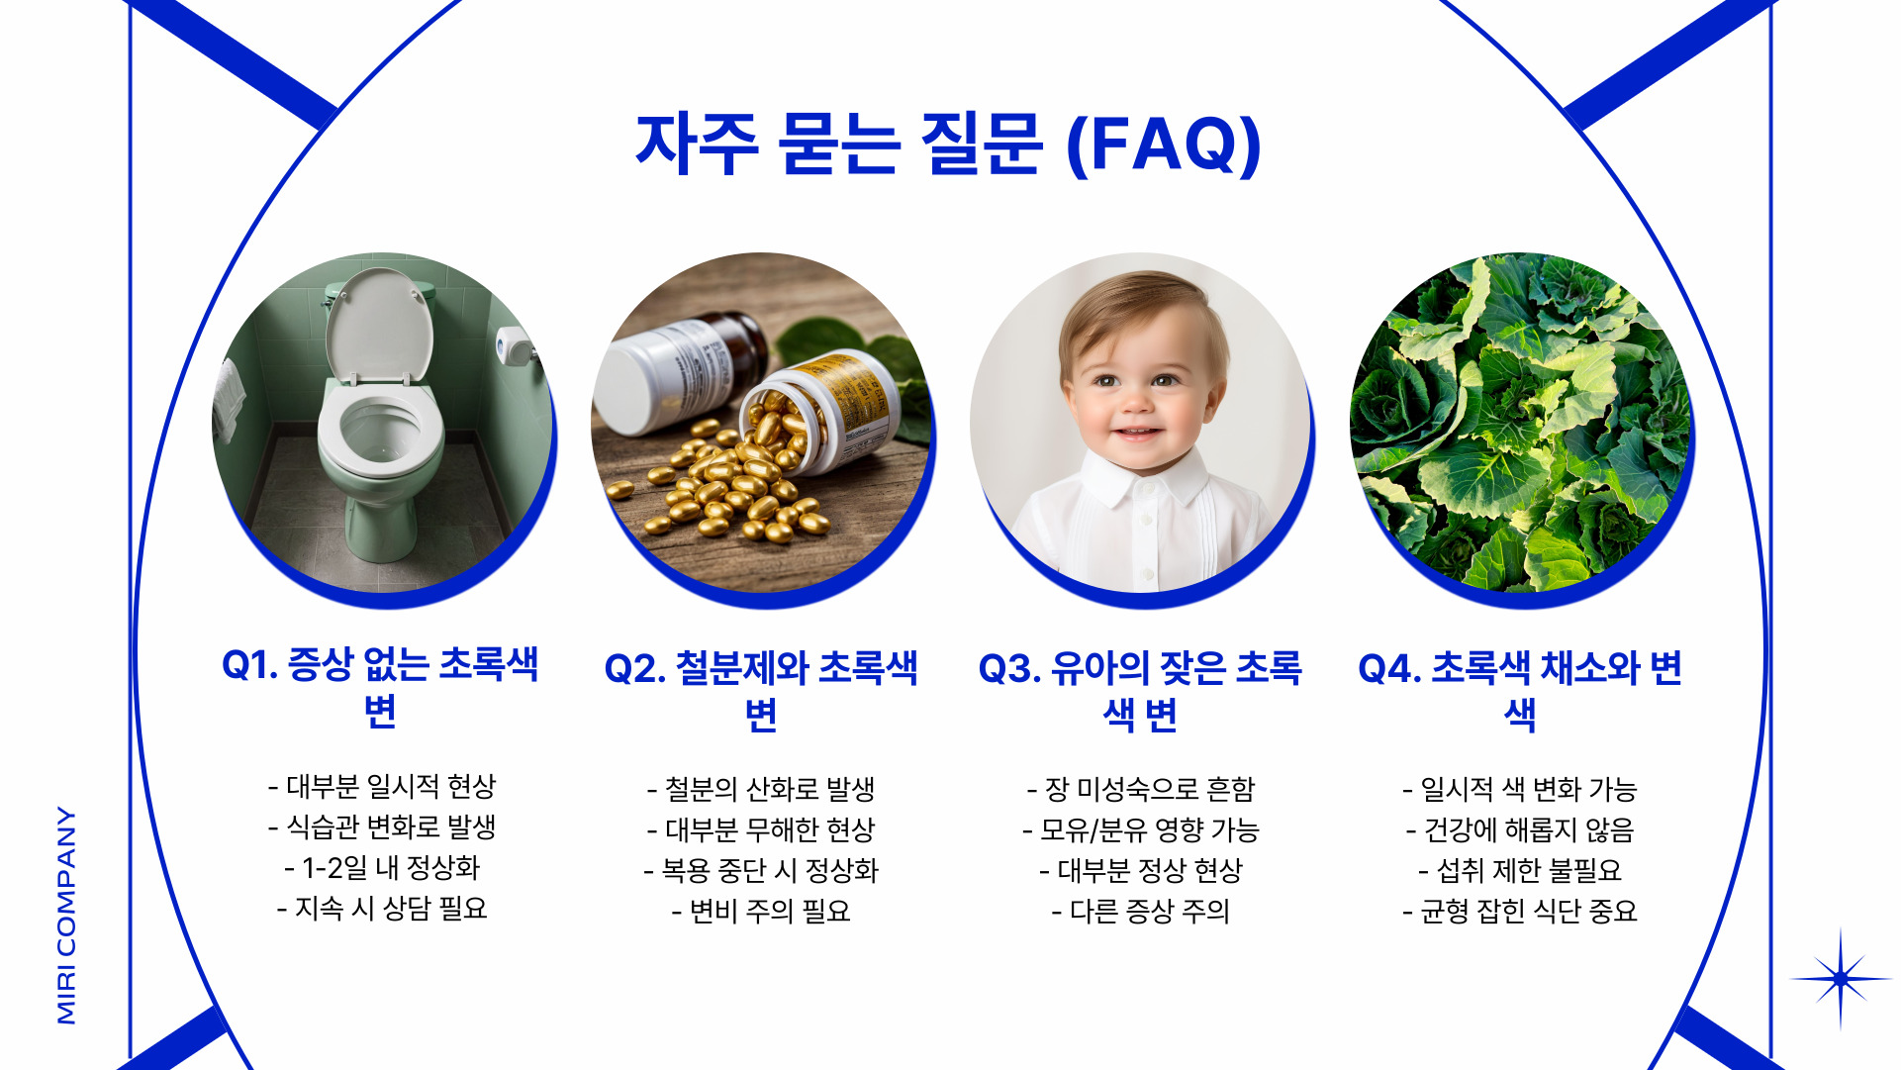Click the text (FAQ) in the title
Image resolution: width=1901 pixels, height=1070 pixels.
pos(1164,145)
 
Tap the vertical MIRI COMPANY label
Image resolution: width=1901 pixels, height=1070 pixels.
pos(66,916)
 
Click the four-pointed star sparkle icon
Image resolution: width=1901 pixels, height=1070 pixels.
pos(1840,979)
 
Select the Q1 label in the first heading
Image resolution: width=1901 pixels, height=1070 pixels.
pos(249,665)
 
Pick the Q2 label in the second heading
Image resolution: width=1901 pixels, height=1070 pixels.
pos(633,669)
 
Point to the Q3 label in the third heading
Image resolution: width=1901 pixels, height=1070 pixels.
pos(1008,669)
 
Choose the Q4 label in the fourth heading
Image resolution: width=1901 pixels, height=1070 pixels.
pos(1388,669)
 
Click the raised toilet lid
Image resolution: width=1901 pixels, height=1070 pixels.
pos(379,327)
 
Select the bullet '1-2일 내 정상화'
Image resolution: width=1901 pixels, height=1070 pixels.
pos(382,868)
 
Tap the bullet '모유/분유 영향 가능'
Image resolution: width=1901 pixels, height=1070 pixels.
pos(1140,829)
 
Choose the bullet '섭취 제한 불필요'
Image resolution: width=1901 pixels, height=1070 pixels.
pos(1520,870)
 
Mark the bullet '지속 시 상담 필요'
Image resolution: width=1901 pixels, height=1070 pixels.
pos(382,909)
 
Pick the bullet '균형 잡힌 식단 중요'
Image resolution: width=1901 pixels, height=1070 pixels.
pos(1520,911)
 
